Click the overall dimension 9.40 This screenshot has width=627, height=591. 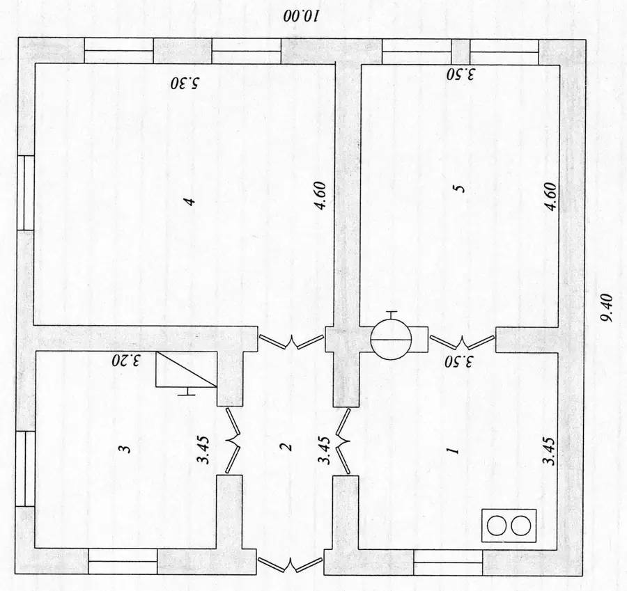click(606, 308)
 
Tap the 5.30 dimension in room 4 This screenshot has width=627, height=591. click(185, 84)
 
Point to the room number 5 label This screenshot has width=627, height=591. click(460, 189)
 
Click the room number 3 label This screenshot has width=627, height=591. click(125, 449)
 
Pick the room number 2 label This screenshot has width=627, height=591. click(287, 447)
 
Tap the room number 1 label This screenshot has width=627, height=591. click(454, 451)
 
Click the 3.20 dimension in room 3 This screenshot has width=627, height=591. click(126, 361)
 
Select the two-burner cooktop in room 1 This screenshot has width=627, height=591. click(509, 526)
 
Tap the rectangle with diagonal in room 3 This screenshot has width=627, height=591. click(186, 369)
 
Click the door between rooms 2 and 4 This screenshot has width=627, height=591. click(291, 342)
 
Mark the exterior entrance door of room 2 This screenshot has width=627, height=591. click(290, 563)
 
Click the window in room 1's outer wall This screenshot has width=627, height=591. click(448, 562)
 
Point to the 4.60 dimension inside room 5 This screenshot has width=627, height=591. click(551, 196)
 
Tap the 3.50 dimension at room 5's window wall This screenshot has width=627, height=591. click(460, 74)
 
